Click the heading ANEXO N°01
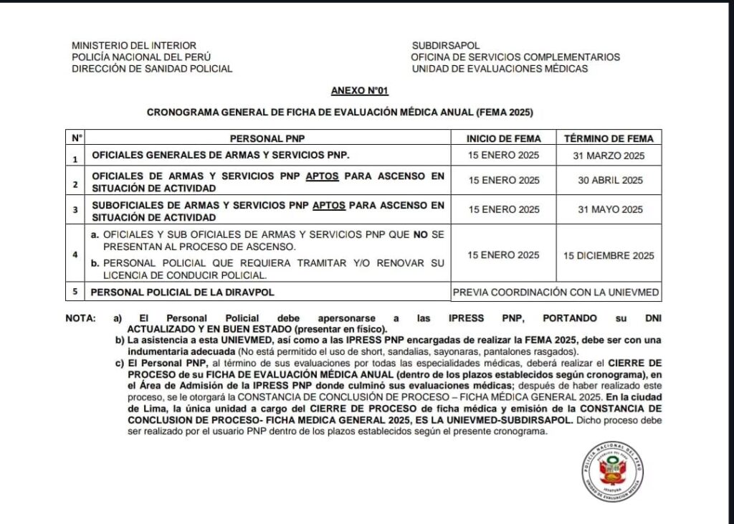tap(360, 91)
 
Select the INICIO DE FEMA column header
tap(504, 138)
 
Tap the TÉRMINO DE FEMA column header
tap(609, 138)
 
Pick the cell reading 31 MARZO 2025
tap(609, 156)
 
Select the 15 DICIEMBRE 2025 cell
tap(609, 254)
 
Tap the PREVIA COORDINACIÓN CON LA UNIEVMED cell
tap(556, 292)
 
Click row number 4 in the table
tap(75, 254)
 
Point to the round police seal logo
tap(614, 470)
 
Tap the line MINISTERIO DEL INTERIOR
tap(133, 45)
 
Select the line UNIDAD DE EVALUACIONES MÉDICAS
tap(500, 69)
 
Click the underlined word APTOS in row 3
tap(328, 205)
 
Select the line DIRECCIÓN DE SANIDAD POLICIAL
tap(152, 69)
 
